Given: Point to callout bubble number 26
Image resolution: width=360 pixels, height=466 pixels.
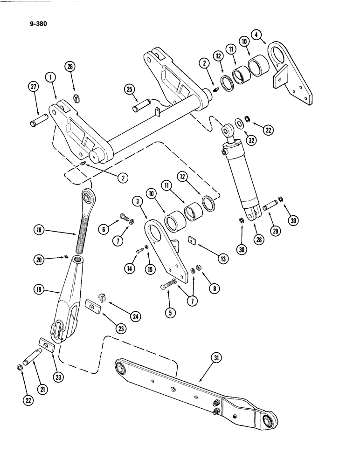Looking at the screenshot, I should pos(70,68).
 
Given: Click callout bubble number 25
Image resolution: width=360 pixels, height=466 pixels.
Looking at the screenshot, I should pos(129,89).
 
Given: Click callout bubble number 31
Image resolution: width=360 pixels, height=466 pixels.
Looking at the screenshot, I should pos(216,358).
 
